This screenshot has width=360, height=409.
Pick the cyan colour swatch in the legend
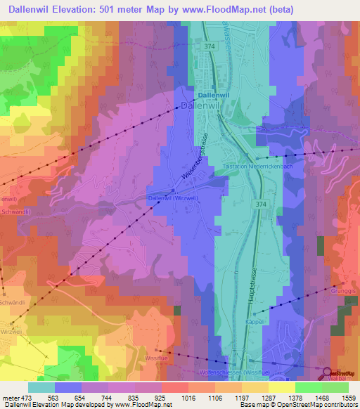pos(41,387)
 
